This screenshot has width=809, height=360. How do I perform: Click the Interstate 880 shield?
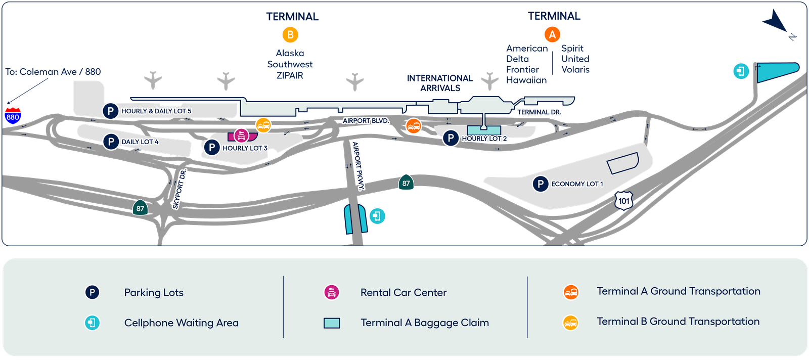[x=13, y=116]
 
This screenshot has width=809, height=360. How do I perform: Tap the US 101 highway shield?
[x=624, y=200]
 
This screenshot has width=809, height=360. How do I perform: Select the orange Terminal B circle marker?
[x=290, y=35]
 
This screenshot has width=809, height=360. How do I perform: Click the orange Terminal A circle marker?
[x=552, y=35]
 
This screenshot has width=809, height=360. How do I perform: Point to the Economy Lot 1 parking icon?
[x=541, y=184]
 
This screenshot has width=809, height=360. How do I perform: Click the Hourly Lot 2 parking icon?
[x=451, y=138]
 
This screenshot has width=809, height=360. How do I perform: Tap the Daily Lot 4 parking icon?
[x=111, y=142]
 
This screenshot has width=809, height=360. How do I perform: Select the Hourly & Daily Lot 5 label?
[x=156, y=111]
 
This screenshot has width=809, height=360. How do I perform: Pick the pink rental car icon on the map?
[x=241, y=135]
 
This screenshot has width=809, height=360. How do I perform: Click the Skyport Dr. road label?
[x=179, y=189]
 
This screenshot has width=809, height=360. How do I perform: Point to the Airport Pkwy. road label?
[x=358, y=165]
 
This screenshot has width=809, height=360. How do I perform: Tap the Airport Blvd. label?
[x=366, y=121]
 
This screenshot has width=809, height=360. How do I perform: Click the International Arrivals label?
[x=440, y=83]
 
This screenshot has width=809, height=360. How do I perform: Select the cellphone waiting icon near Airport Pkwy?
[x=377, y=216]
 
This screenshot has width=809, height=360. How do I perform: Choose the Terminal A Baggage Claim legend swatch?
[x=332, y=323]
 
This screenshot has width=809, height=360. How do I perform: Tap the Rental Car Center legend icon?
[x=332, y=292]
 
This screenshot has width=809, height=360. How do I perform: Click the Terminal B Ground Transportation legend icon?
[x=571, y=322]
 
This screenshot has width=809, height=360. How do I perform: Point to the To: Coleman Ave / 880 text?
[x=53, y=72]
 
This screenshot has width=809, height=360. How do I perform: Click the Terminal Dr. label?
[x=539, y=112]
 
